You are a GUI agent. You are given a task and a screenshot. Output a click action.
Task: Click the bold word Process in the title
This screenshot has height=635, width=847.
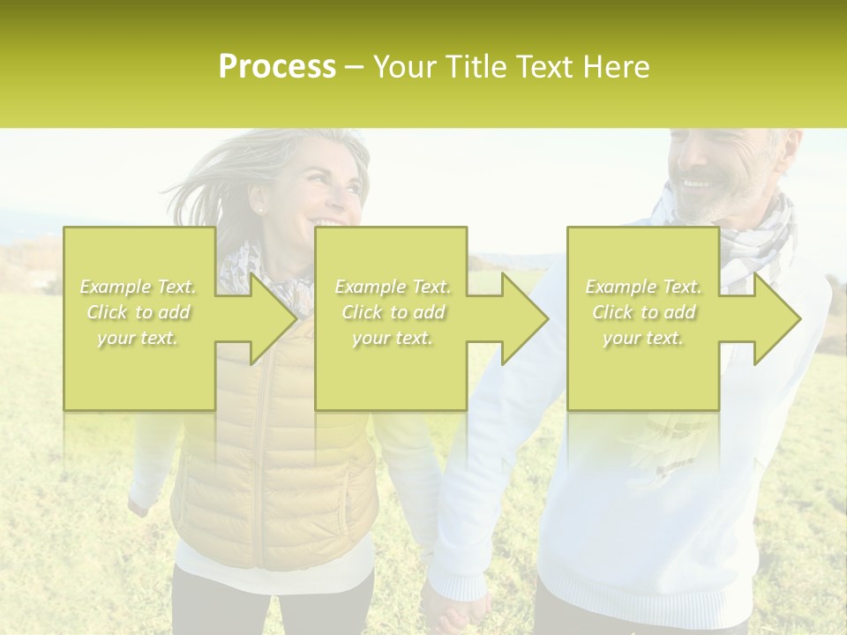tap(277, 67)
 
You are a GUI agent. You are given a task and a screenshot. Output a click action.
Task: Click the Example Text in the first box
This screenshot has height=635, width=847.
tap(139, 287)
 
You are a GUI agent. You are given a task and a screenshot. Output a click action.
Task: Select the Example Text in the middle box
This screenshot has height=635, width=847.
tap(393, 287)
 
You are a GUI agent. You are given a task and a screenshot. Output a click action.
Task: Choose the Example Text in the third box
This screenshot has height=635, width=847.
tap(643, 287)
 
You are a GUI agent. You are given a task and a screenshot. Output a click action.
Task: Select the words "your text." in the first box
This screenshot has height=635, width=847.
tap(138, 337)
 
